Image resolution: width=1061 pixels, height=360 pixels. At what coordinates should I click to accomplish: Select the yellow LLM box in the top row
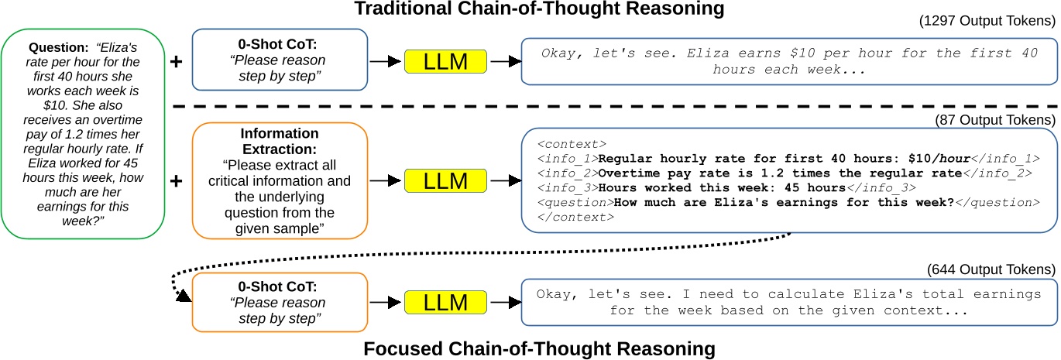coord(446,61)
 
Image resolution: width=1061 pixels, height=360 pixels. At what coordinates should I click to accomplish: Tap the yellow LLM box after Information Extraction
coord(446,180)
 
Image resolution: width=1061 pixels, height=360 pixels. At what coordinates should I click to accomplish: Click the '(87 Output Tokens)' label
coord(999,120)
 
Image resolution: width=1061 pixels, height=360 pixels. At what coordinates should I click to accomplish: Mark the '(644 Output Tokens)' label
coord(992,269)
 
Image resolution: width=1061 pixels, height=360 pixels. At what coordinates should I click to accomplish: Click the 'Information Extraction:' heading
coord(278,140)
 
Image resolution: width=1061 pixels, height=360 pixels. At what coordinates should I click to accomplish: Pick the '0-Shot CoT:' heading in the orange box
coord(278,287)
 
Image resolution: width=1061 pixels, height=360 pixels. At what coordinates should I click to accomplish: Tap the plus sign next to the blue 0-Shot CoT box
coord(176,61)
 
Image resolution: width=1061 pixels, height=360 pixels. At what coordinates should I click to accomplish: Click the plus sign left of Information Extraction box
coord(176,180)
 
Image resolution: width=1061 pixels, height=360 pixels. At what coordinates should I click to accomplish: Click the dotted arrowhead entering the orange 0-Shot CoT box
coord(185,297)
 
